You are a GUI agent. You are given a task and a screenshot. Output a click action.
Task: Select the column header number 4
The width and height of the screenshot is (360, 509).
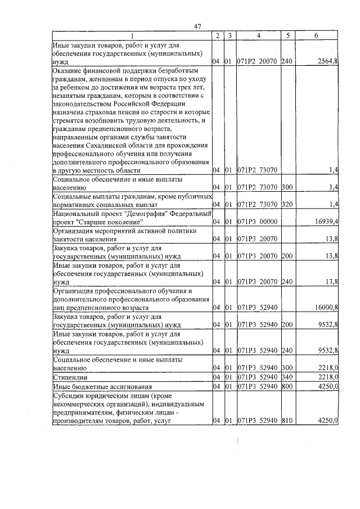coord(258,35)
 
